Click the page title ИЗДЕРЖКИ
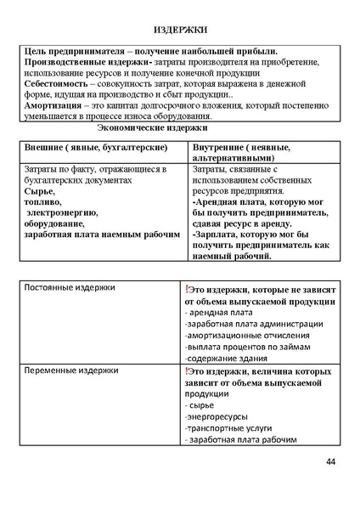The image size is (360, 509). (x=179, y=30)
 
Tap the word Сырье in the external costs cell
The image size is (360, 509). (x=39, y=192)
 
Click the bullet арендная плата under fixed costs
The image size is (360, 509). (x=218, y=313)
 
